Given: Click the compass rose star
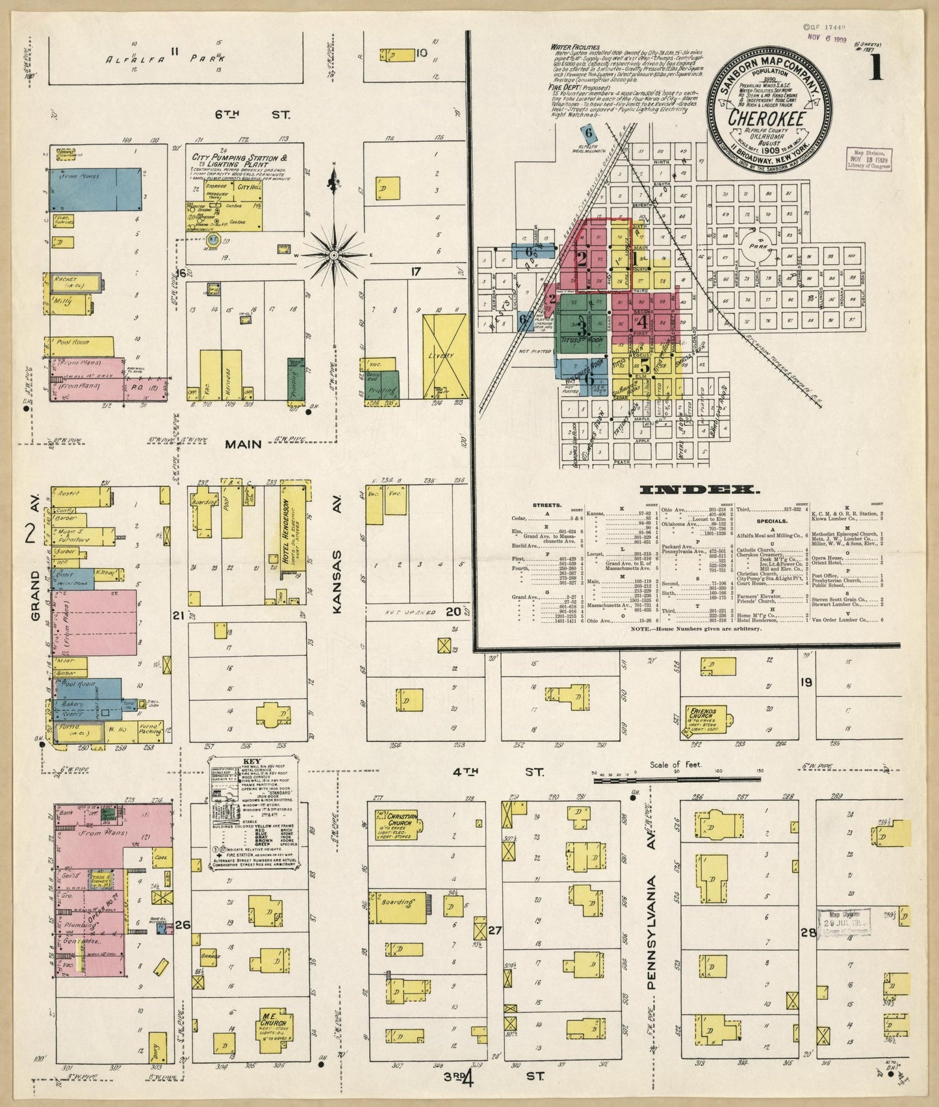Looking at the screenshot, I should click(333, 255).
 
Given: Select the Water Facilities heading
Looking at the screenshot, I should click(575, 47).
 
